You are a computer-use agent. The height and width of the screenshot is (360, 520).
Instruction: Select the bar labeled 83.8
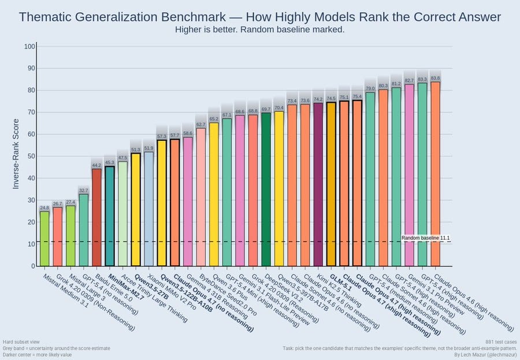tap(435, 173)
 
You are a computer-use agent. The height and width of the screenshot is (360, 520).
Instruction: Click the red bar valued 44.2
tap(96, 217)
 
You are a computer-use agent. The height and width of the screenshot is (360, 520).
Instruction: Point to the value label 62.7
tap(200, 124)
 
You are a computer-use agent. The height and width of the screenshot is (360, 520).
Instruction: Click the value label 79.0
tap(370, 88)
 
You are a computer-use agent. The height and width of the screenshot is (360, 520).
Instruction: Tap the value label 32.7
tap(83, 190)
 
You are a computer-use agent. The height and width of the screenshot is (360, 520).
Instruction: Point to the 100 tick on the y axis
tap(30, 46)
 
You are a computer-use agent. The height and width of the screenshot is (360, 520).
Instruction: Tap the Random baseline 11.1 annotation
tap(425, 238)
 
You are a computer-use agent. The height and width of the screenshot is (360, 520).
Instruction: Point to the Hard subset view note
tap(23, 343)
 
